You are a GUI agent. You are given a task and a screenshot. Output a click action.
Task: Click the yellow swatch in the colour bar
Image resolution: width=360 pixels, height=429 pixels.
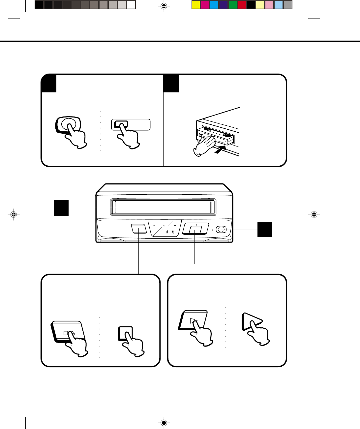point(196,5)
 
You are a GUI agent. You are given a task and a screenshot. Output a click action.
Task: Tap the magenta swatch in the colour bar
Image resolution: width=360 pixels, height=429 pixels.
point(205,5)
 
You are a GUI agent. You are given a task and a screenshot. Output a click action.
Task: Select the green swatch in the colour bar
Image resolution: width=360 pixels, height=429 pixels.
point(233,5)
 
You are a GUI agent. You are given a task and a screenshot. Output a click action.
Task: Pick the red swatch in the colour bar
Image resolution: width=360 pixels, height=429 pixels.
point(242,5)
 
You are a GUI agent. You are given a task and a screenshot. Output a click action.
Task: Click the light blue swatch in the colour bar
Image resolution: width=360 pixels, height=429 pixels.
point(279,5)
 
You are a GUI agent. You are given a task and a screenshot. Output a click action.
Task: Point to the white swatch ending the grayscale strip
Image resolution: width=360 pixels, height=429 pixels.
point(131,5)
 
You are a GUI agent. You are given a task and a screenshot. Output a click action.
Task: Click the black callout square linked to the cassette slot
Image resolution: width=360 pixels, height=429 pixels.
point(61,208)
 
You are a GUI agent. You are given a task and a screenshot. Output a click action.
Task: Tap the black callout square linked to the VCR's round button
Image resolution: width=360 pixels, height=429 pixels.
point(265,229)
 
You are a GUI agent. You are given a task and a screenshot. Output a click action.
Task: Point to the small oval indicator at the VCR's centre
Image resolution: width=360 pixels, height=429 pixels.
point(170,232)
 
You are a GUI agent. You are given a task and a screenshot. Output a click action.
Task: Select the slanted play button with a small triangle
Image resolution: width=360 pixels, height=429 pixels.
point(193,320)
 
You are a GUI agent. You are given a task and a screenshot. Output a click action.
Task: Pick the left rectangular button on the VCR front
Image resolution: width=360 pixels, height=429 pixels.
point(138,229)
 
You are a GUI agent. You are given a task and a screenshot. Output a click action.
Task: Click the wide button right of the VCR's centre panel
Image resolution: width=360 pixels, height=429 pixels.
point(195,229)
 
